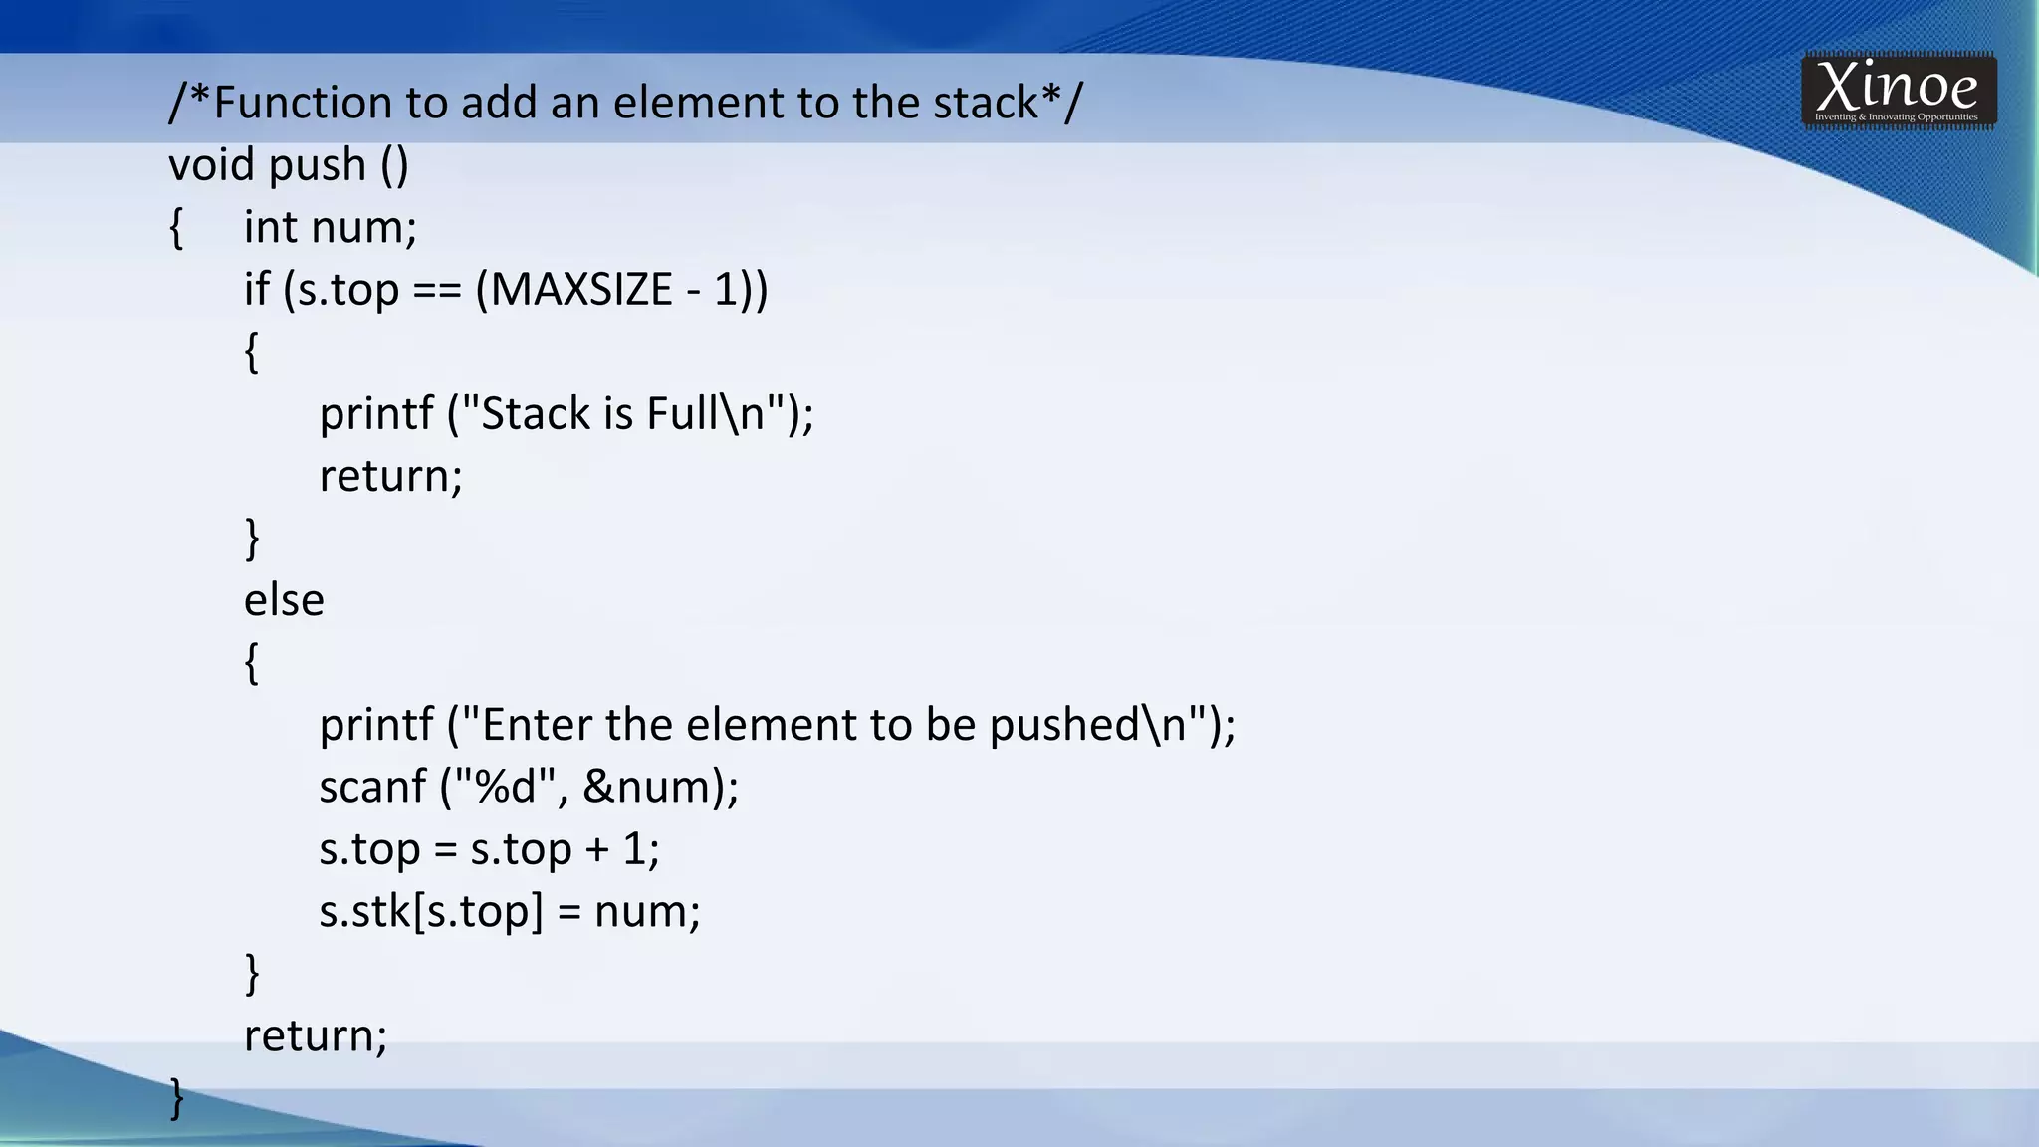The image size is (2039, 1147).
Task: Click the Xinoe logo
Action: tap(1898, 91)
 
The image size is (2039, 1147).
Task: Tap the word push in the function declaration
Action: tap(318, 165)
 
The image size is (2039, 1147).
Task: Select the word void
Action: tap(211, 165)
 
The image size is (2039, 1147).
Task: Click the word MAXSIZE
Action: tap(581, 290)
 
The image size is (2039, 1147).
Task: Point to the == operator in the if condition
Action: tap(437, 290)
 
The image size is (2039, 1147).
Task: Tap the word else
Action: tap(284, 600)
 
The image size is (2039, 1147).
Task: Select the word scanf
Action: tap(372, 787)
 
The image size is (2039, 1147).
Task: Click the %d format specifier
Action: tap(507, 787)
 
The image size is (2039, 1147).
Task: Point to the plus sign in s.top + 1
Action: tap(596, 849)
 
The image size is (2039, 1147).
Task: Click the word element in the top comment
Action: tap(697, 103)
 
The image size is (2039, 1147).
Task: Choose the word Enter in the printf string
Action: tap(537, 725)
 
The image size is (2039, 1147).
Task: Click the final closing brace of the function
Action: tap(177, 1097)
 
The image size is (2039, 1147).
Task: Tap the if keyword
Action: tap(257, 290)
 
